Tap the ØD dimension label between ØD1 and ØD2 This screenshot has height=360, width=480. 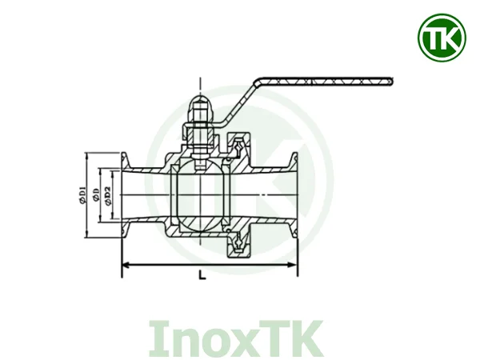[95, 195]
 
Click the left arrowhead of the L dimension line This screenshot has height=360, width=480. [124, 264]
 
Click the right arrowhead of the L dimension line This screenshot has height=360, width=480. [295, 264]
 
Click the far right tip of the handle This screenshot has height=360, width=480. [392, 79]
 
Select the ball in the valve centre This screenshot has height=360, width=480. [200, 196]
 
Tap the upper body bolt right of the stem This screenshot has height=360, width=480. [238, 145]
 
